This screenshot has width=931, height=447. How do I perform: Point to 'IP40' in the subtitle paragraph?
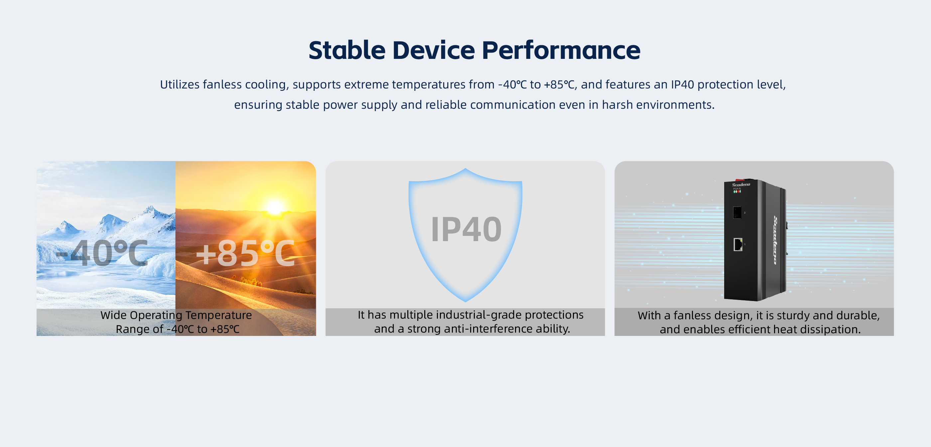(x=682, y=84)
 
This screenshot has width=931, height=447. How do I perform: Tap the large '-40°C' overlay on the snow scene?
(x=102, y=253)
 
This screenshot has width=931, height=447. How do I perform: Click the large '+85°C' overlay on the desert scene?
(x=245, y=253)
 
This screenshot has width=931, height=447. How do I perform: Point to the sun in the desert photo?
(x=275, y=208)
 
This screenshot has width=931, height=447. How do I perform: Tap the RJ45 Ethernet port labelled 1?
(x=737, y=244)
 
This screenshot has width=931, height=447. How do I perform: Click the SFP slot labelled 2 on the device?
(x=737, y=212)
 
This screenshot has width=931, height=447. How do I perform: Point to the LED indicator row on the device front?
(x=737, y=191)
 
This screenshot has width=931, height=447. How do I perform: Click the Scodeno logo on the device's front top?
(x=741, y=185)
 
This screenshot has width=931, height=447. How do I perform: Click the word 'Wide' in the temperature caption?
(x=113, y=315)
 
